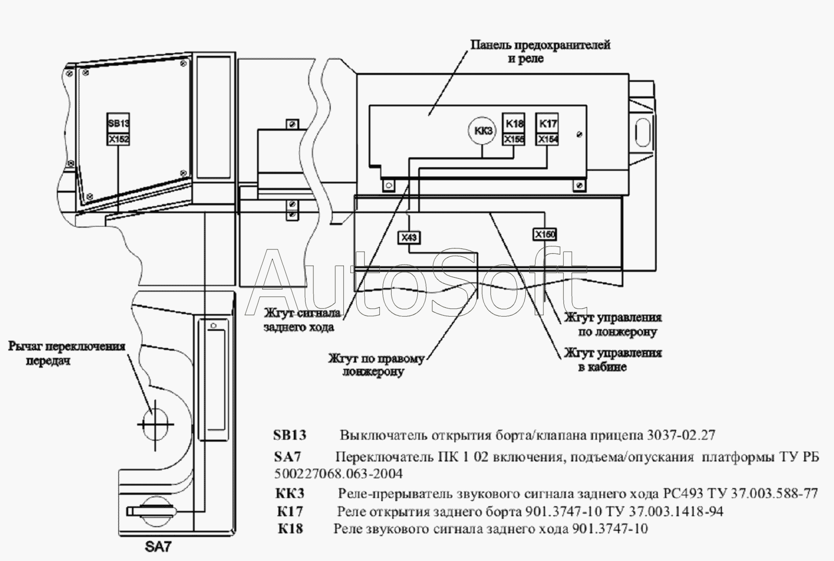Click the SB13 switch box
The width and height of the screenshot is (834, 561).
[118, 123]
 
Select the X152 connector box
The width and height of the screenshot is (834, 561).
[118, 140]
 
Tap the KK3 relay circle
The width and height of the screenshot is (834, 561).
[482, 131]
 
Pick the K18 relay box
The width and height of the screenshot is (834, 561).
[514, 123]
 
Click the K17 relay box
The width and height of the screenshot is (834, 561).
[547, 123]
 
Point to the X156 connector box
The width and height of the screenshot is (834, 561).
[514, 140]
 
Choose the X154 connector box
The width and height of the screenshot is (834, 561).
[547, 140]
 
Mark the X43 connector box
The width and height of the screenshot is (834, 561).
[409, 238]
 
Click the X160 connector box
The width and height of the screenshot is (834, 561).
[545, 234]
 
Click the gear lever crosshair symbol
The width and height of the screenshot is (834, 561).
[155, 425]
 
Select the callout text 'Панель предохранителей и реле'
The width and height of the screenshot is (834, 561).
[540, 51]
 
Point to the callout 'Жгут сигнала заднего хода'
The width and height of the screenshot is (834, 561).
[303, 320]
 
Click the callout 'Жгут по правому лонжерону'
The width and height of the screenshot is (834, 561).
[376, 366]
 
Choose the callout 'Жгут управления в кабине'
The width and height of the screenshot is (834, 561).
[613, 359]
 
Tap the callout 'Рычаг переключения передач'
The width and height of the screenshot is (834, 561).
[67, 353]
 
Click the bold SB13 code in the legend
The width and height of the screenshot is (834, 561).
[289, 435]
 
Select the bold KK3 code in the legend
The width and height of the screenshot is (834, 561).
[289, 493]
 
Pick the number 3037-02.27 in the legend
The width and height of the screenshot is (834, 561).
[681, 435]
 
